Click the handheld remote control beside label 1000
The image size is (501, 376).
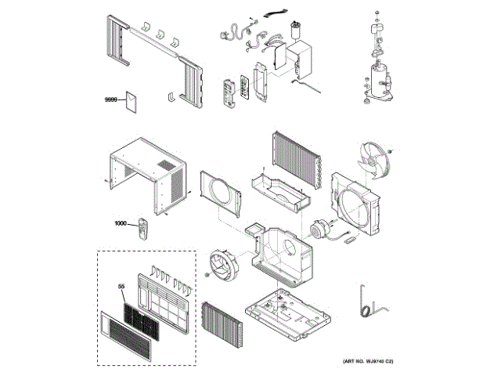coord(143,228)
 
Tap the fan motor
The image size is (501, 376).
coord(319,230)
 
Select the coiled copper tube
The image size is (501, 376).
coord(365,301)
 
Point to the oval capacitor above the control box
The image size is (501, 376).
coord(296,32)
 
